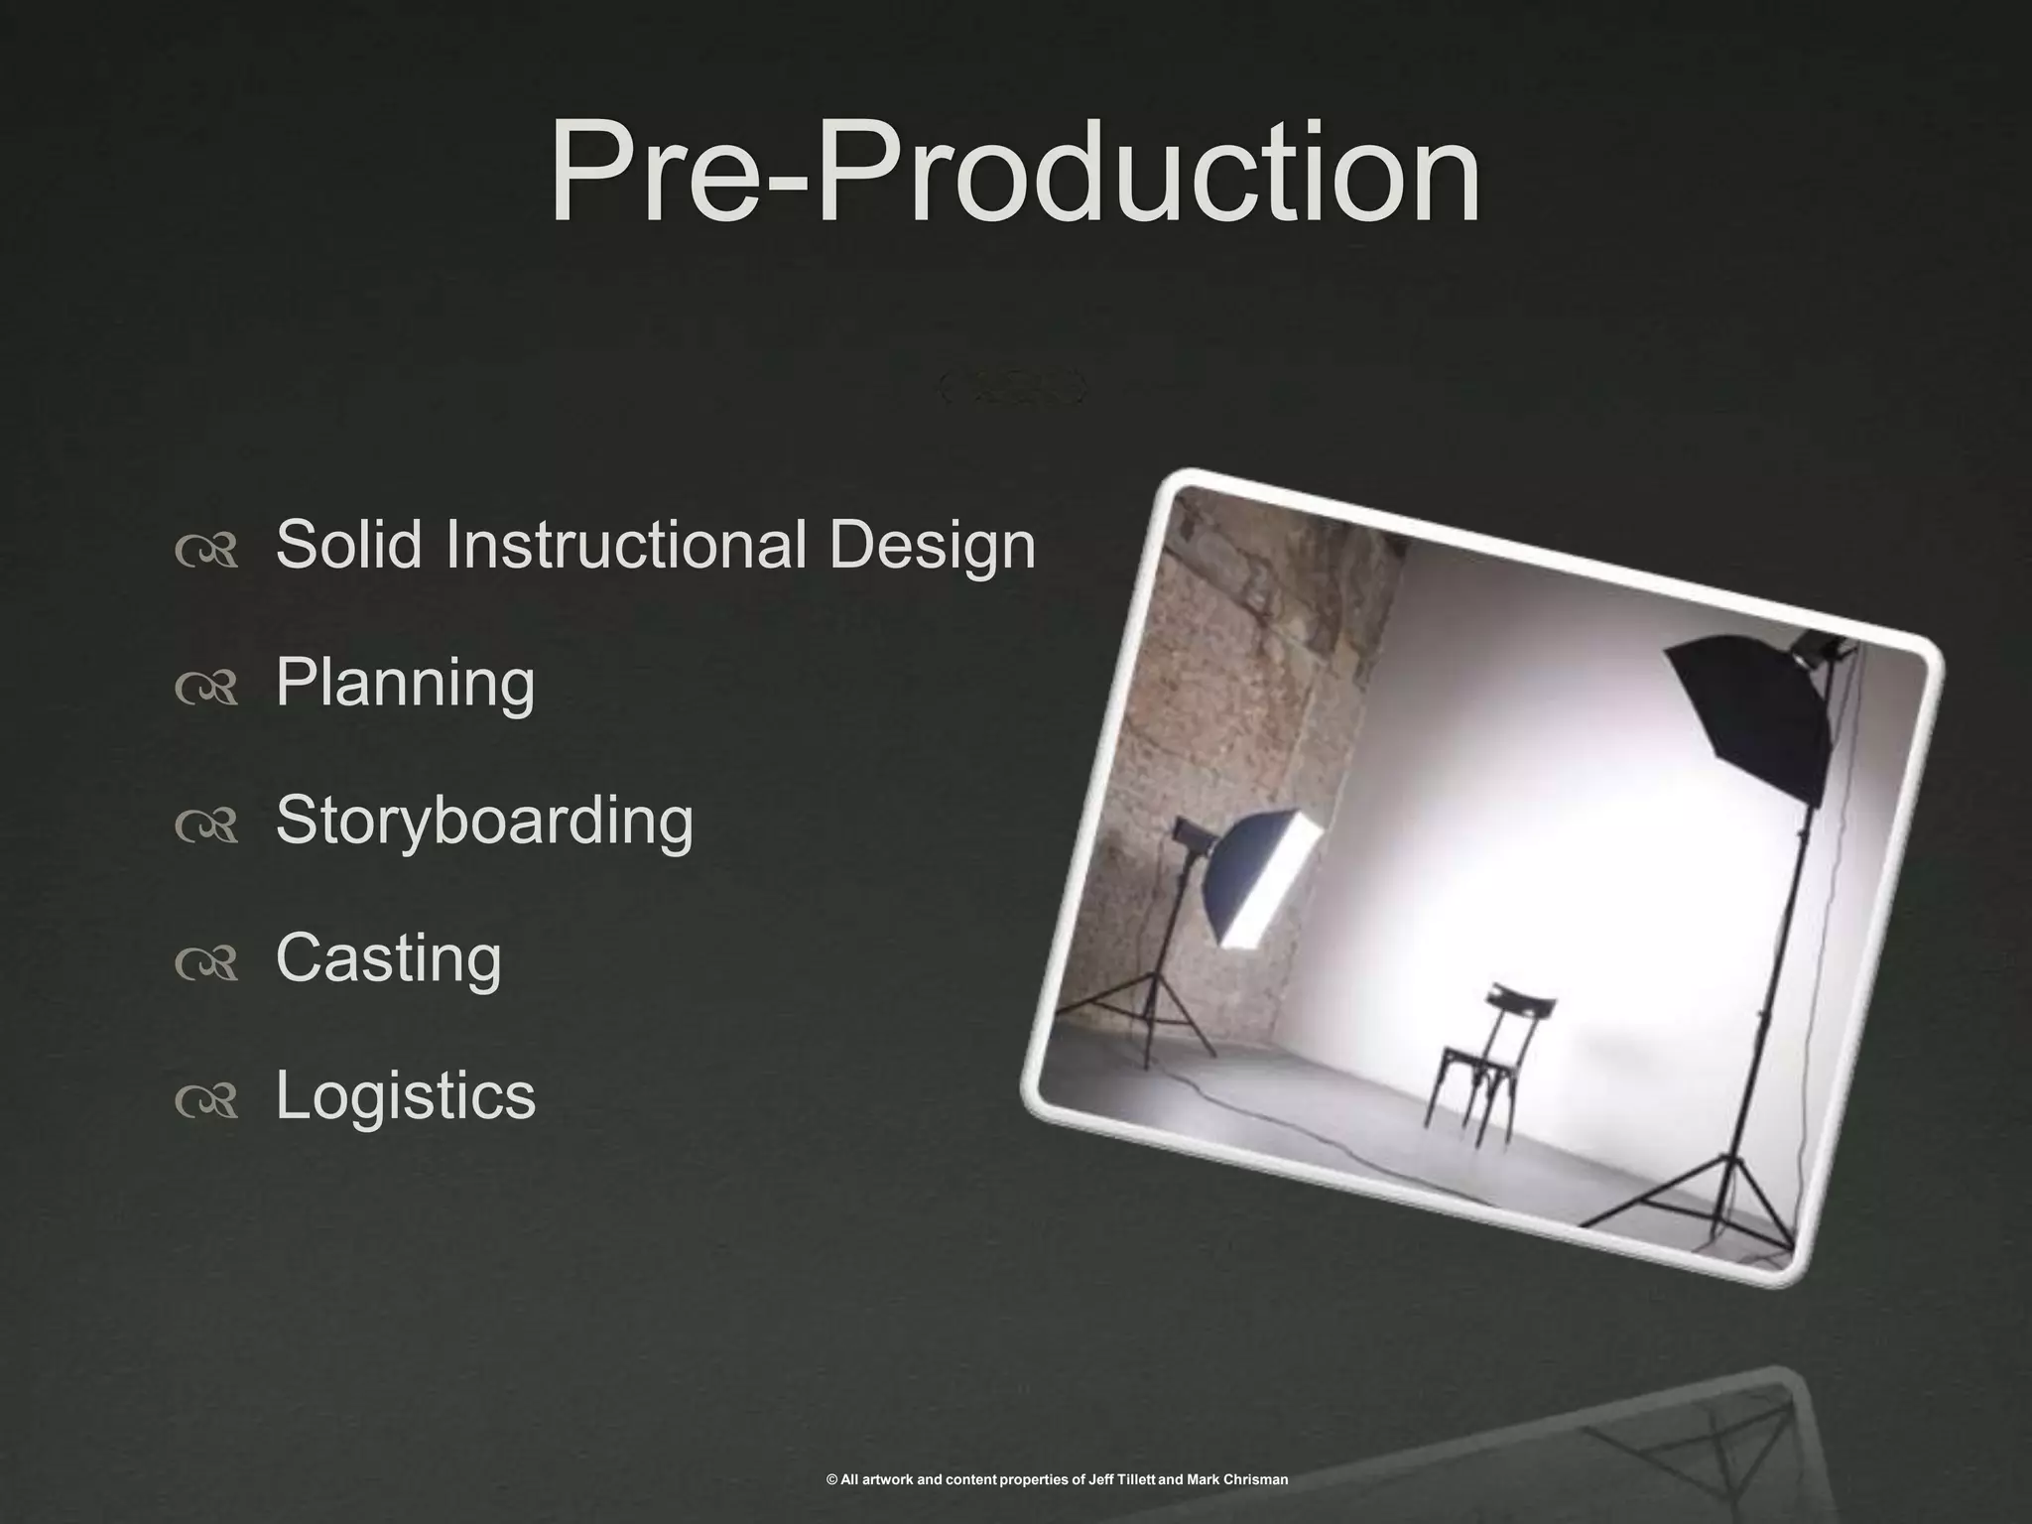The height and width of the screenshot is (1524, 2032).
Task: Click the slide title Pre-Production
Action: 1014,174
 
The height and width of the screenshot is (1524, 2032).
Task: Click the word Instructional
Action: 626,545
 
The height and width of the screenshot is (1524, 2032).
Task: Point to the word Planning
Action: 405,684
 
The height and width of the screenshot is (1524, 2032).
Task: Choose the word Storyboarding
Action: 484,822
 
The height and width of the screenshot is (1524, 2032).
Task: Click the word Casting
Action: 388,959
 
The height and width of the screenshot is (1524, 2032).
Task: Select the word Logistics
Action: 405,1096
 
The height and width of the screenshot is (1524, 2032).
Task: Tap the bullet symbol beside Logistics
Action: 206,1100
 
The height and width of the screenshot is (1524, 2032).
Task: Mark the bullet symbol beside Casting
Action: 206,963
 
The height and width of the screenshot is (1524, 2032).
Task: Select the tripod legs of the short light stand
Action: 1156,1022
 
